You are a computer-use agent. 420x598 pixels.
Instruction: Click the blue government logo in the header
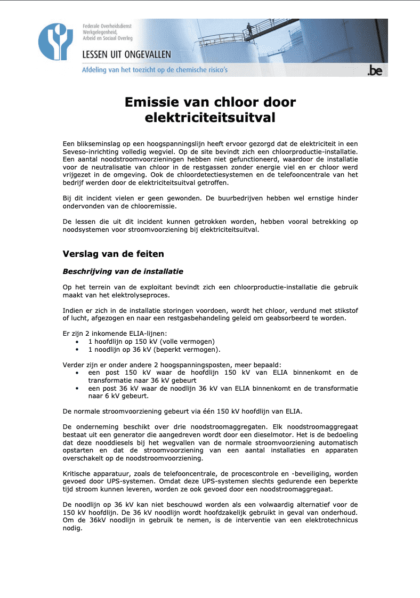click(55, 42)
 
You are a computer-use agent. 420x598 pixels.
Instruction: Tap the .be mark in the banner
click(375, 70)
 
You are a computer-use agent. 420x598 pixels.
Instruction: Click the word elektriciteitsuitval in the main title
click(210, 118)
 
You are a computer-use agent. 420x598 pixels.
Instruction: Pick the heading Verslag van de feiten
click(113, 254)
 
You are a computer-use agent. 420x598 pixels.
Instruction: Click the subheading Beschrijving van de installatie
click(123, 271)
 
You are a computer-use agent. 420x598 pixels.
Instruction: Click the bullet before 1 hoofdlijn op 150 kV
click(78, 342)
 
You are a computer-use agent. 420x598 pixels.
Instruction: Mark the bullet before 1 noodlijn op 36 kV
click(78, 350)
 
